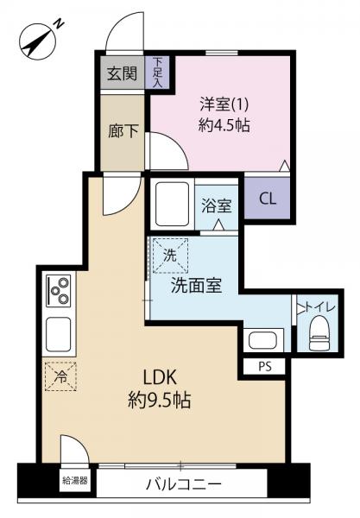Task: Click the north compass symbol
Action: (39, 41)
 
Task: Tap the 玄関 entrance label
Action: (123, 73)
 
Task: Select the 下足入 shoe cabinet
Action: (157, 73)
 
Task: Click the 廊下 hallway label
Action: (123, 131)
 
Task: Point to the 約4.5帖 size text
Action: (224, 125)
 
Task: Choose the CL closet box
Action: (267, 199)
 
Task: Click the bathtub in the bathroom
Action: (172, 204)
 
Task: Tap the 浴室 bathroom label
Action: (217, 206)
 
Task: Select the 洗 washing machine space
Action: (170, 256)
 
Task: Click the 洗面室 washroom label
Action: (196, 286)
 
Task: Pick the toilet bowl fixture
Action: (319, 332)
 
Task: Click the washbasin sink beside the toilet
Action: (263, 340)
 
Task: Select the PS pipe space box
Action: (264, 366)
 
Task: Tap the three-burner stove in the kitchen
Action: (59, 291)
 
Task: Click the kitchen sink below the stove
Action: (59, 334)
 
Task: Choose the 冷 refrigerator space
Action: (60, 376)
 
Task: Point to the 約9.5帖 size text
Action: (159, 401)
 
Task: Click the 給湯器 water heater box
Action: (75, 480)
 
